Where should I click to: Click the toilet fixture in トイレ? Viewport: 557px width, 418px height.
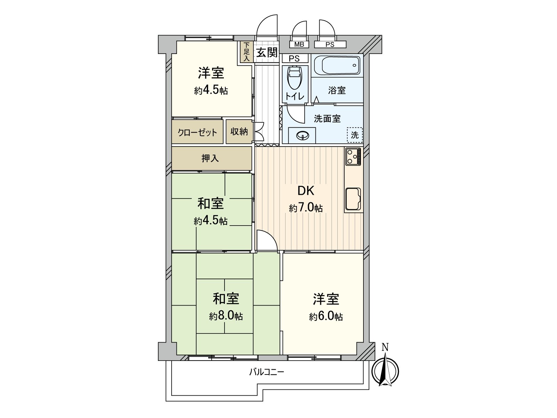coord(295,77)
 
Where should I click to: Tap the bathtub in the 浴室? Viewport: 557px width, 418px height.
coord(337,65)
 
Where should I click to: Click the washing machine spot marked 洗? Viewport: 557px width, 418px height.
coord(355,135)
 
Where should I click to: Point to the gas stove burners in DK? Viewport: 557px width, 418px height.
coord(353,157)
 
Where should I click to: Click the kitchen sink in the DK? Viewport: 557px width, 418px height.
coord(353,199)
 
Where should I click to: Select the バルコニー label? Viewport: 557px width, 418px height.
coord(266,372)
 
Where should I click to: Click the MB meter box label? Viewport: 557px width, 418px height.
coord(299,45)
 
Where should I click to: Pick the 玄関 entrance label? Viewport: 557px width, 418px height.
coord(267,52)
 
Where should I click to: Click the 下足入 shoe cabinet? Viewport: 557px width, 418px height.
coord(246,52)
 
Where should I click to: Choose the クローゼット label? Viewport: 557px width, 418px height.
coord(197,132)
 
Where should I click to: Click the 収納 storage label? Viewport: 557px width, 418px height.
coord(239,132)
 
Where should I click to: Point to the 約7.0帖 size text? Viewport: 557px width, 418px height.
coord(306,209)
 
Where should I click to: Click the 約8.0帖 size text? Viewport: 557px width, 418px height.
coord(226,317)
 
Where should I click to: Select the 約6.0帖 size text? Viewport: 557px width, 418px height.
coord(326,317)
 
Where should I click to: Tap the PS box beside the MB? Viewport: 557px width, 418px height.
coord(330,45)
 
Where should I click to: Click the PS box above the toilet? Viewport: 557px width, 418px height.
coord(294,59)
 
